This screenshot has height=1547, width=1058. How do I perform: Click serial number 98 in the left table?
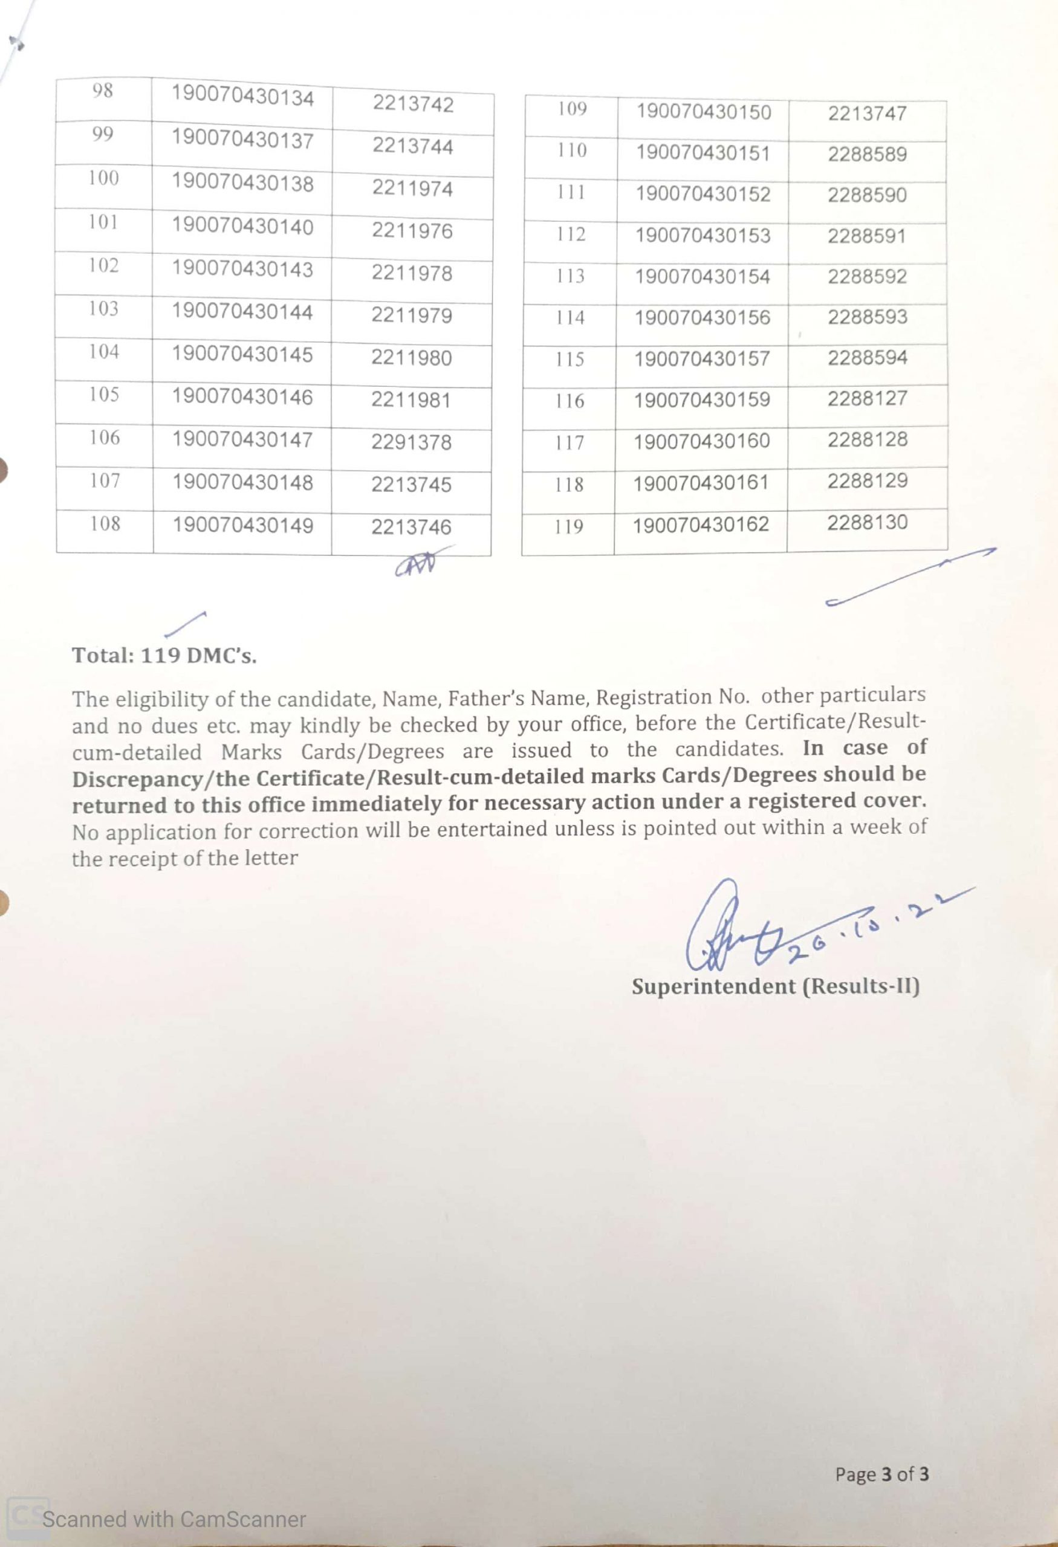coord(103,91)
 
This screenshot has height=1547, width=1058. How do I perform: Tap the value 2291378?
coord(412,442)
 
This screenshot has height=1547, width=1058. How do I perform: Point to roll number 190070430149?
coord(243,525)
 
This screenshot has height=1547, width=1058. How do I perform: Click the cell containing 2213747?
coord(867,113)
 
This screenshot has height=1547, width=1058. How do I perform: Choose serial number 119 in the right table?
coord(569,526)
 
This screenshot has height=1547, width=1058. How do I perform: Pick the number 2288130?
coord(868,522)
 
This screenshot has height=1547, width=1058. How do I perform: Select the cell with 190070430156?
coord(703,317)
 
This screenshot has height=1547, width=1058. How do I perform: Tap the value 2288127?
coord(868,398)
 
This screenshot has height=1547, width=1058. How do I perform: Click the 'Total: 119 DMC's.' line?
coord(164,656)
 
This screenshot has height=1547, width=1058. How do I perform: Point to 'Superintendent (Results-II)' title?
coord(776,986)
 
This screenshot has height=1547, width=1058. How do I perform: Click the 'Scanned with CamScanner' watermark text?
coord(174,1519)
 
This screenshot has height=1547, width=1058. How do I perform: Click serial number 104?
coord(105,352)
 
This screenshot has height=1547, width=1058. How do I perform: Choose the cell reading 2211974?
coord(412,189)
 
